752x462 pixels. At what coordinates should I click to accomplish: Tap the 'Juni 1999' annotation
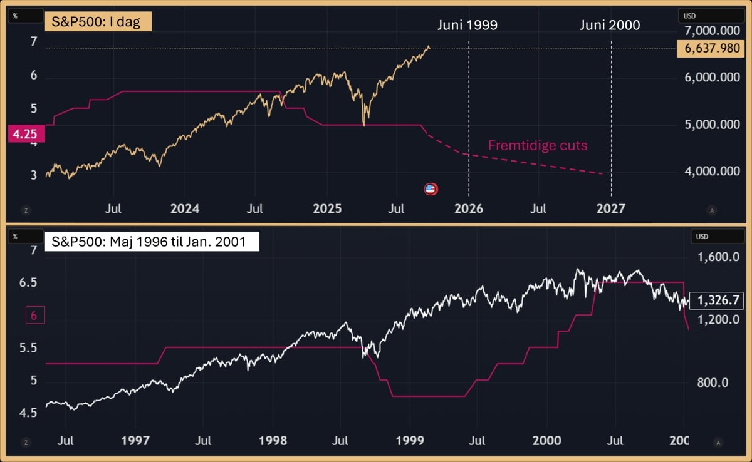pyautogui.click(x=467, y=25)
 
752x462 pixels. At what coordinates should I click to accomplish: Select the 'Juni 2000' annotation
pyautogui.click(x=610, y=25)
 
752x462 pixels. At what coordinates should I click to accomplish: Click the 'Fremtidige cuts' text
pyautogui.click(x=538, y=146)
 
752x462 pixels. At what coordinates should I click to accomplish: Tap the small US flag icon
pyautogui.click(x=431, y=188)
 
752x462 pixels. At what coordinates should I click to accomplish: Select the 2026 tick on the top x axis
pyautogui.click(x=469, y=208)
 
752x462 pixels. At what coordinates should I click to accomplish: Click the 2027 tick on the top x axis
pyautogui.click(x=610, y=208)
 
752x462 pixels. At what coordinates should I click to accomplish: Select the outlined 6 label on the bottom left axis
pyautogui.click(x=34, y=316)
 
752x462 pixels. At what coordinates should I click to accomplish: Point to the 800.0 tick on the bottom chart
pyautogui.click(x=713, y=382)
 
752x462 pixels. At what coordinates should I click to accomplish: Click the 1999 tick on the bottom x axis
pyautogui.click(x=410, y=441)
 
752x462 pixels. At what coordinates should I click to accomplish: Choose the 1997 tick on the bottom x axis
pyautogui.click(x=135, y=441)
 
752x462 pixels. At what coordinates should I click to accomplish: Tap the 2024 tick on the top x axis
pyautogui.click(x=184, y=208)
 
